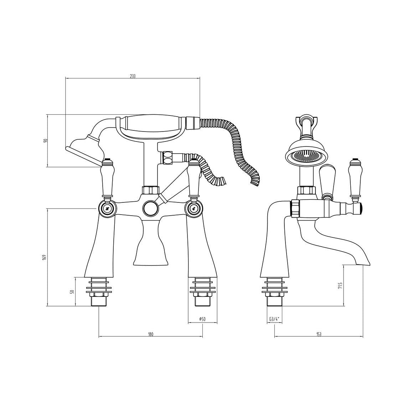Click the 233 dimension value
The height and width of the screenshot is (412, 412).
pyautogui.click(x=133, y=76)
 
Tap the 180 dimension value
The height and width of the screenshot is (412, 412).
pyautogui.click(x=150, y=334)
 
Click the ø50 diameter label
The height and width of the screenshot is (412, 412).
pyautogui.click(x=202, y=319)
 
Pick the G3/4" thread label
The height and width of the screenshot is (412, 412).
pyautogui.click(x=274, y=319)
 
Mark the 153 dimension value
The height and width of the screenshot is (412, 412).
pyautogui.click(x=319, y=334)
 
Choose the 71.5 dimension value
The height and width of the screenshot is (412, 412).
pyautogui.click(x=340, y=285)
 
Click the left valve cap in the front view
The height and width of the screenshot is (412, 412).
pyautogui.click(x=107, y=209)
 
